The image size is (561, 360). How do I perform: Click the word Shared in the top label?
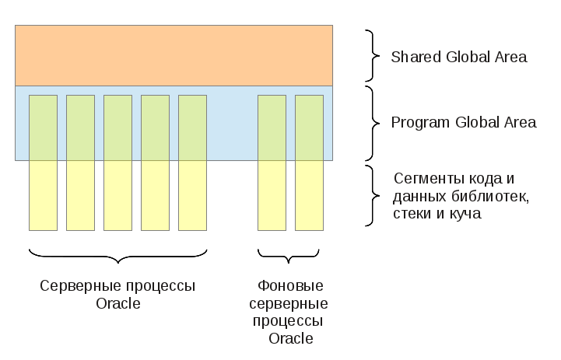(415, 57)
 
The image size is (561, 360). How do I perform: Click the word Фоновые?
(290, 285)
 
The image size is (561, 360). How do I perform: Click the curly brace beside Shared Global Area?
(373, 56)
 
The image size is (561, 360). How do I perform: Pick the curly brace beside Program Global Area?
(373, 124)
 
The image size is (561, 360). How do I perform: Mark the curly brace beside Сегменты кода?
(373, 196)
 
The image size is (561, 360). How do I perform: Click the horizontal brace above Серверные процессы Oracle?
(118, 257)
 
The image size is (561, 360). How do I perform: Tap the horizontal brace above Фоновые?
(289, 257)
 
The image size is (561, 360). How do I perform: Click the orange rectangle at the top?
(174, 55)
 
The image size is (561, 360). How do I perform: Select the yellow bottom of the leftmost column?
(43, 195)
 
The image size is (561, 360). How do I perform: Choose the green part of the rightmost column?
(309, 128)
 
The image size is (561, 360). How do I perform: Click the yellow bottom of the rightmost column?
(309, 195)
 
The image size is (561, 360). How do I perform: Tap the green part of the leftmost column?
(43, 128)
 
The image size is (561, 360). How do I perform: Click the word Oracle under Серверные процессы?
(118, 303)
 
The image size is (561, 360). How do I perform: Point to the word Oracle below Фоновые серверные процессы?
(291, 338)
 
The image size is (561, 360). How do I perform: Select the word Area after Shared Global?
(511, 57)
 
